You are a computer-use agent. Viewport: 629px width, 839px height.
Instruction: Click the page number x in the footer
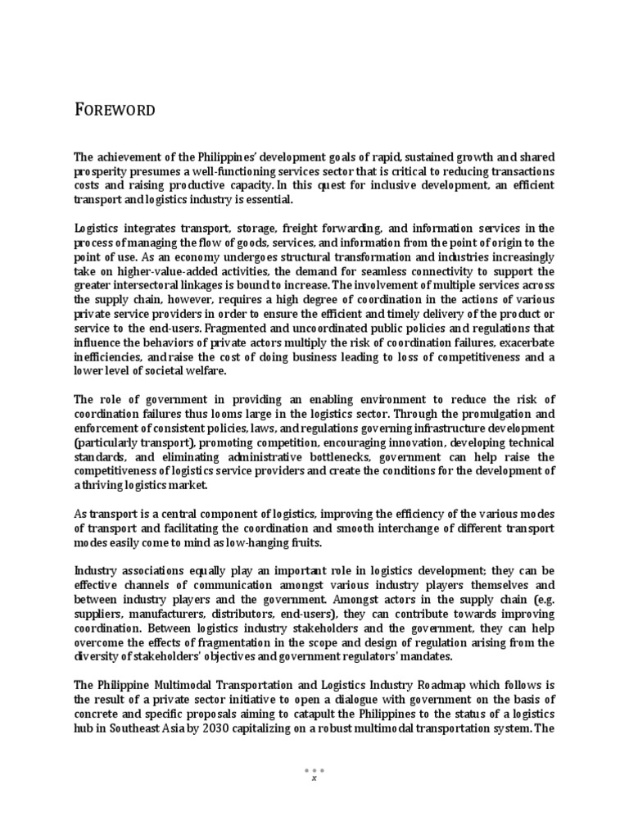[x=314, y=778]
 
